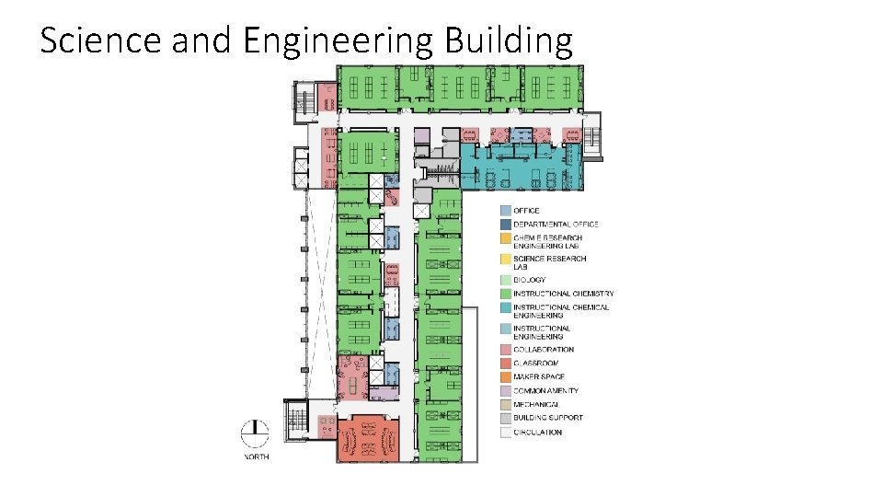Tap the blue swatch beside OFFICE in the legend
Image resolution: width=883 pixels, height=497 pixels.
pos(505,211)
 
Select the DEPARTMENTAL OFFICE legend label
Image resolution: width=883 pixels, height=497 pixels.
pos(556,224)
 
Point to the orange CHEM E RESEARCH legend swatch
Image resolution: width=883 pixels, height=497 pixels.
pos(505,238)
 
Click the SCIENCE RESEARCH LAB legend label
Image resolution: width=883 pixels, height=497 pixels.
pos(549,262)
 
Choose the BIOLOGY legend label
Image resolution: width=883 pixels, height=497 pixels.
pos(530,280)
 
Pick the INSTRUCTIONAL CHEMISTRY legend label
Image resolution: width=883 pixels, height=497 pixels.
pos(563,294)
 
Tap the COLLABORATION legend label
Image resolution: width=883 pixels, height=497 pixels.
pos(544,350)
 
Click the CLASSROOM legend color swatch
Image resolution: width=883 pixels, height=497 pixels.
pos(505,364)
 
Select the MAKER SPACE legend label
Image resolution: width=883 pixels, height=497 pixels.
pos(539,376)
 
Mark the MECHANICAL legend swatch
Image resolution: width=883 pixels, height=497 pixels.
pos(505,404)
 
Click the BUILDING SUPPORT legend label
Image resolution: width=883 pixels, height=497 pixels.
pos(548,418)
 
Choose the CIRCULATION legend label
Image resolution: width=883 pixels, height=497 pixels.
pos(538,432)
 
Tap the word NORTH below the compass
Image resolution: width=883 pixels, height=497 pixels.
pos(256,457)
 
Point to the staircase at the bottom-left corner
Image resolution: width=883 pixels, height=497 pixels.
pos(296,420)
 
